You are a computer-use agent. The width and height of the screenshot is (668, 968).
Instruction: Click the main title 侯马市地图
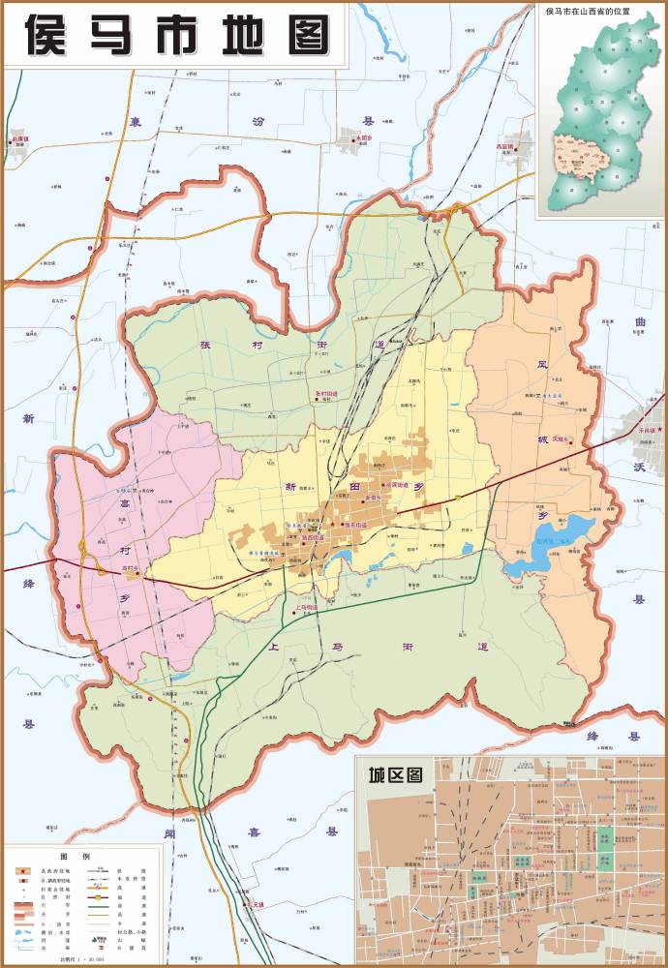[174, 37]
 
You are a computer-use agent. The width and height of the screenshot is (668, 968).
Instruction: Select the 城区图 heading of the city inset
[395, 774]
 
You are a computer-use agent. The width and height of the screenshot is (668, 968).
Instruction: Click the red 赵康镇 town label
[19, 138]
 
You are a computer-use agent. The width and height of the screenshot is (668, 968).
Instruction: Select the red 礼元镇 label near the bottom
[255, 904]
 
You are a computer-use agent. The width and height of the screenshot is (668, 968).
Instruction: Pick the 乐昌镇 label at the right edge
[646, 429]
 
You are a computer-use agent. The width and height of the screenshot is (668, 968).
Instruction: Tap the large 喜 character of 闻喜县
[254, 832]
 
